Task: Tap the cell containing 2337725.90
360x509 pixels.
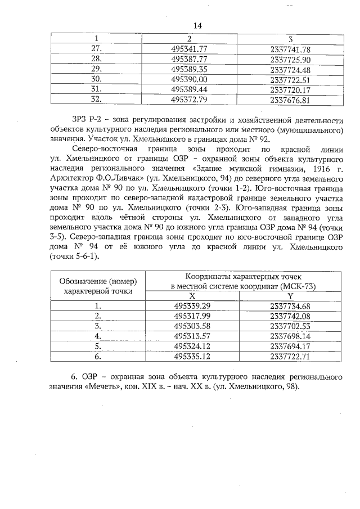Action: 290,59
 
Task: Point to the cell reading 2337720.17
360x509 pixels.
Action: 290,90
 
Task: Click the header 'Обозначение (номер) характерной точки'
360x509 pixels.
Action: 98,286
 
